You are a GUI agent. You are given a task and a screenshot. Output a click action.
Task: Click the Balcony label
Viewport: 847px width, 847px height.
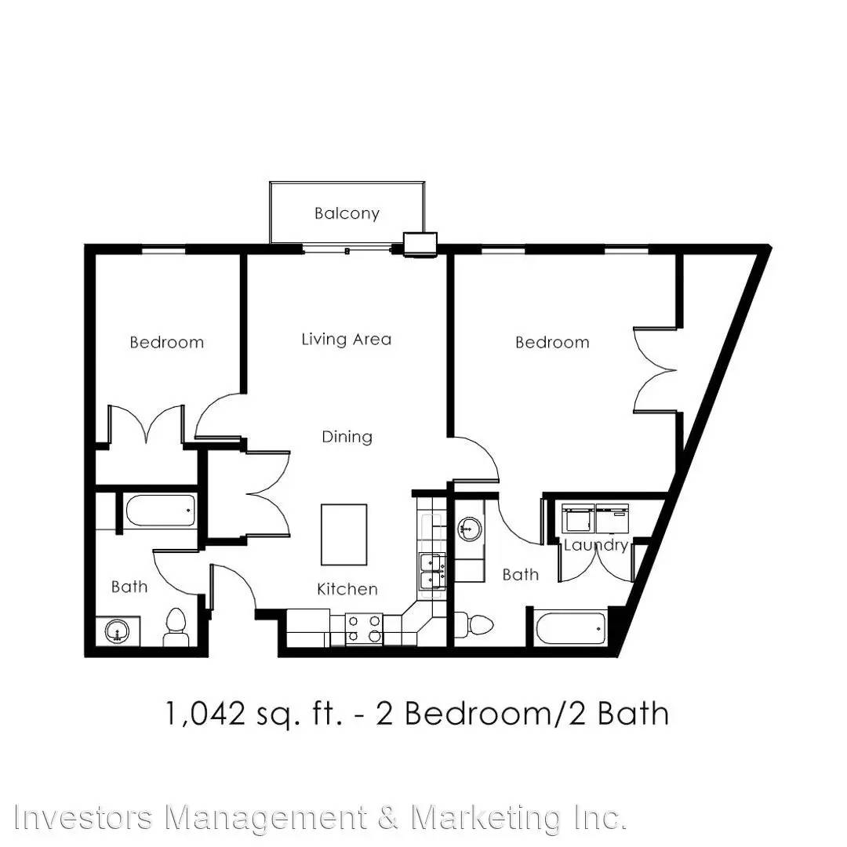(x=347, y=213)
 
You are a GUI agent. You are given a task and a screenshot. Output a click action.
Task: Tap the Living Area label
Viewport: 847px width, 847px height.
(x=347, y=340)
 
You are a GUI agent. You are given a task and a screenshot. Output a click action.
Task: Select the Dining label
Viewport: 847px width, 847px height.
(x=347, y=437)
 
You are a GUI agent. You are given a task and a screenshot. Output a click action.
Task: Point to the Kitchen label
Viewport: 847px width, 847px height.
(x=347, y=589)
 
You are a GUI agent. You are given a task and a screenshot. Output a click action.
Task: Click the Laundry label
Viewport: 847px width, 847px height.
(x=596, y=546)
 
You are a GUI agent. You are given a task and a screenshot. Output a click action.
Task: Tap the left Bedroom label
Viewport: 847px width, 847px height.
(x=167, y=342)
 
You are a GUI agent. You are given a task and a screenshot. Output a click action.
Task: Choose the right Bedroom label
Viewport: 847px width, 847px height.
(x=552, y=342)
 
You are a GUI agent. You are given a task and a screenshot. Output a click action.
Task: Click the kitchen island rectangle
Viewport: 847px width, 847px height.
(x=344, y=535)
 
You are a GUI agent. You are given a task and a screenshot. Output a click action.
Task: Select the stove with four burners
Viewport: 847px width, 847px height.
(x=364, y=629)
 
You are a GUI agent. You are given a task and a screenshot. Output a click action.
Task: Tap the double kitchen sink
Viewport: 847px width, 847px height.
(x=433, y=572)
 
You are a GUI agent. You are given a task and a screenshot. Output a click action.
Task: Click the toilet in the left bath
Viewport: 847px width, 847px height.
(x=176, y=627)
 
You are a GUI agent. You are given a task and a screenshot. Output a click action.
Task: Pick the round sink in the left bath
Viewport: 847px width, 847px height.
(x=117, y=631)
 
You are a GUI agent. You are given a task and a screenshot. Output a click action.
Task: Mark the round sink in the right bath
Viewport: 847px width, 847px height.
(x=470, y=529)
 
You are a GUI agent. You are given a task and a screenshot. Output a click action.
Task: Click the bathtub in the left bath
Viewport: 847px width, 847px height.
(x=159, y=511)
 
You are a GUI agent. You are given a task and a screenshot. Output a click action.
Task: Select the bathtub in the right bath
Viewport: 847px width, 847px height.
(x=571, y=627)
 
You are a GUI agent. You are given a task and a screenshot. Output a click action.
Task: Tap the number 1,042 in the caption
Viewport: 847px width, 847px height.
(x=205, y=714)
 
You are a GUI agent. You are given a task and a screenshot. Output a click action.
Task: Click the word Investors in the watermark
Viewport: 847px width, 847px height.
(x=84, y=816)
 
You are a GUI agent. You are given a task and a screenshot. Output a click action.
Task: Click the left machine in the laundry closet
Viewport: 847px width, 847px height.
(x=578, y=519)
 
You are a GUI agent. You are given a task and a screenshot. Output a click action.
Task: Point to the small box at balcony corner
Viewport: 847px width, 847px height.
(x=420, y=243)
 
